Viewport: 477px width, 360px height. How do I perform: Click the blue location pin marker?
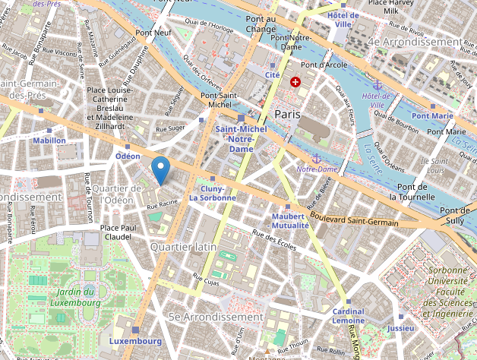coord(161,169)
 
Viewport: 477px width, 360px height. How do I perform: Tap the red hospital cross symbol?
coord(295,81)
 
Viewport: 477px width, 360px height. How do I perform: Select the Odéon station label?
coord(128,156)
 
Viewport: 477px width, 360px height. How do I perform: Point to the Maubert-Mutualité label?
coord(289,221)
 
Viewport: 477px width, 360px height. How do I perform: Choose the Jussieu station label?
coord(401,329)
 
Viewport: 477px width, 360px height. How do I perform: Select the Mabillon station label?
coord(49,141)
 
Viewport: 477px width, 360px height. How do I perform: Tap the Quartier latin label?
coord(183,248)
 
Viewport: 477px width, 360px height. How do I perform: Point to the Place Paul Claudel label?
coord(118,232)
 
